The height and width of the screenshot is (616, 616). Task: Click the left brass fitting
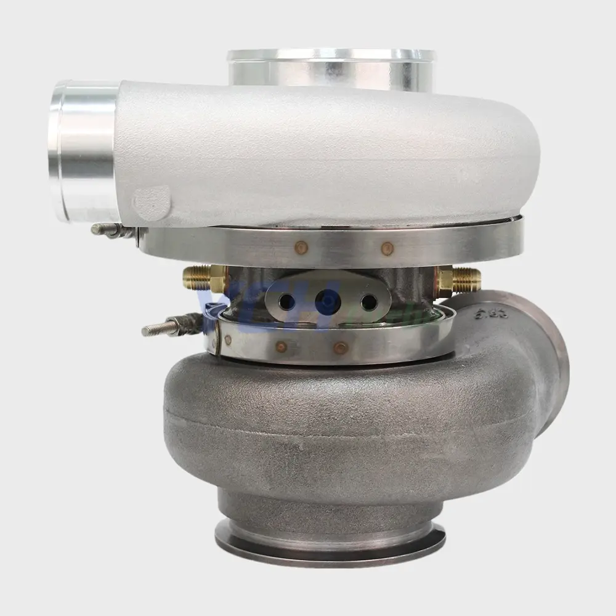202,279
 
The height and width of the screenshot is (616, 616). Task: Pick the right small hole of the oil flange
368,302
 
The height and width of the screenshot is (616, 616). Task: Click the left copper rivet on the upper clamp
301,248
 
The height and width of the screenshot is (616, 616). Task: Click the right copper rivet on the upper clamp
387,249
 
